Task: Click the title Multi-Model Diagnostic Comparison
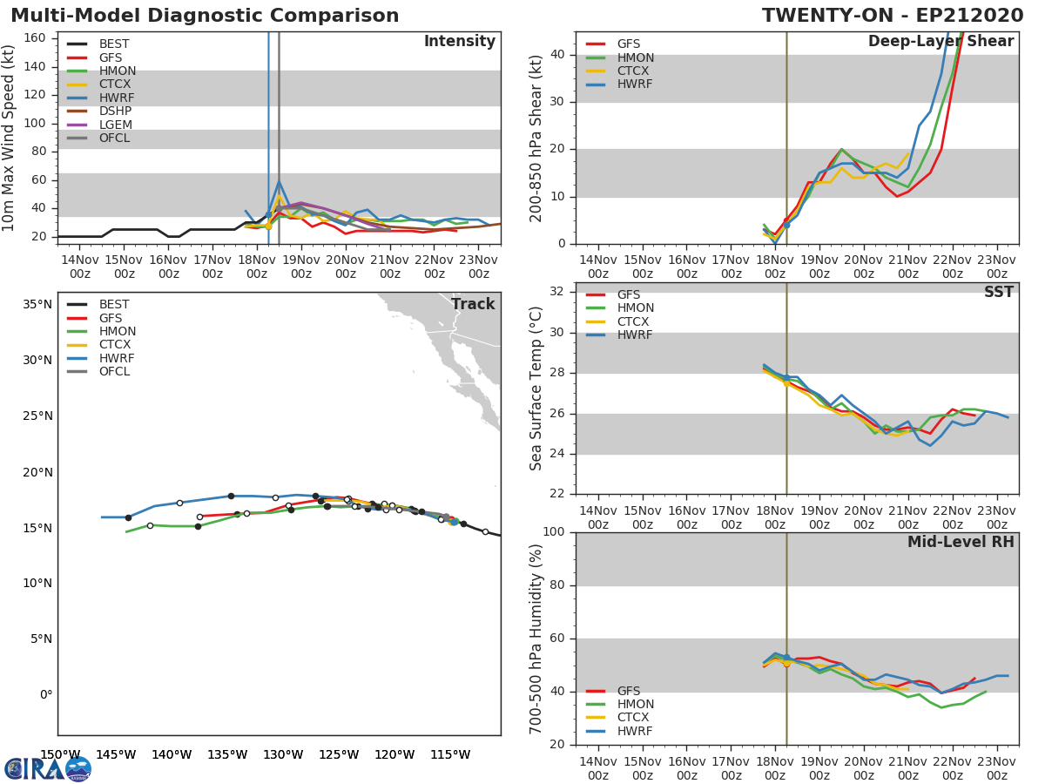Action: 205,16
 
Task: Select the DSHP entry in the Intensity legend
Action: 115,111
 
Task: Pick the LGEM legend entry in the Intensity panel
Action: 115,125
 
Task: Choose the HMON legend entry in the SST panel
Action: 636,308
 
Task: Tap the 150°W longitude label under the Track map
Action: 60,754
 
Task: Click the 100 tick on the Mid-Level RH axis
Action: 552,532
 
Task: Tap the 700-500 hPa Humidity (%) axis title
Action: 536,638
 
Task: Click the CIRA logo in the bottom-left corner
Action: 47,768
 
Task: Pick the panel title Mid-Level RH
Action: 960,543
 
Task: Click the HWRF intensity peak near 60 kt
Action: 279,181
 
